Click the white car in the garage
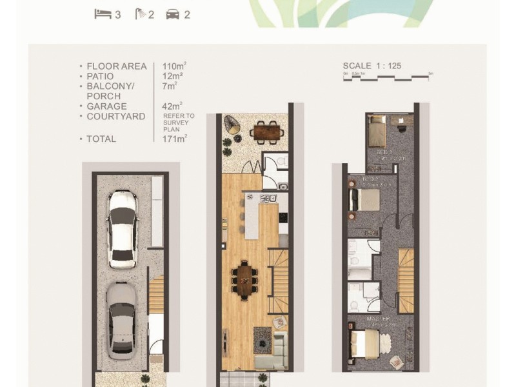point(123,229)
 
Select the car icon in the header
point(173,14)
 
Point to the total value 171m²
point(175,139)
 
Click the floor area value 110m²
point(175,66)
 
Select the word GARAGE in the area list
point(107,106)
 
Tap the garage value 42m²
point(173,106)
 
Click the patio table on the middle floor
point(266,132)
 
